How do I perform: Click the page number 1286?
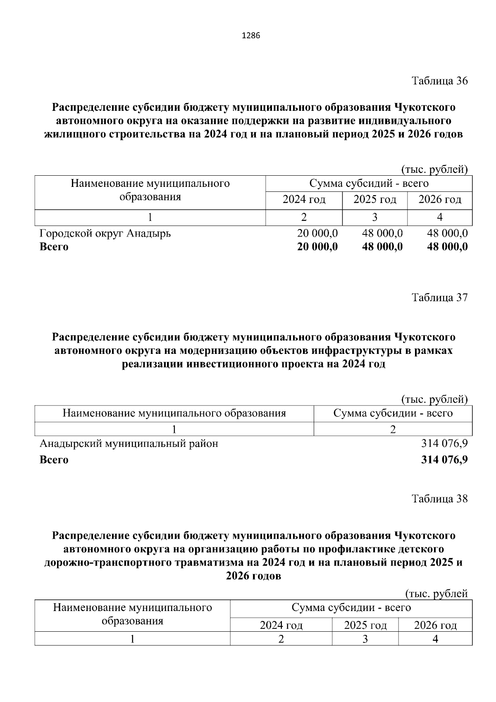[250, 36]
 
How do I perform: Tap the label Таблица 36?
[440, 81]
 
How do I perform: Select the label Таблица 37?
[440, 297]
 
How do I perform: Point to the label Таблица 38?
[440, 499]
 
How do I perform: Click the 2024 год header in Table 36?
[304, 200]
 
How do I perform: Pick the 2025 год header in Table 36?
[374, 200]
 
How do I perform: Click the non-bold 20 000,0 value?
[317, 234]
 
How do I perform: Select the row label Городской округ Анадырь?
[105, 234]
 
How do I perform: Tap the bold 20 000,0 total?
[317, 247]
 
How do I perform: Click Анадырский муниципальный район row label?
[129, 444]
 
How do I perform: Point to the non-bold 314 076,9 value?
[444, 444]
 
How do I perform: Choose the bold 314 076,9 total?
[444, 460]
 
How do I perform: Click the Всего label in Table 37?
[54, 460]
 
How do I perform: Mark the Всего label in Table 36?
[54, 247]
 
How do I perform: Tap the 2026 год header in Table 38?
[435, 626]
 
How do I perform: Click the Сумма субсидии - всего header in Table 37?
[393, 413]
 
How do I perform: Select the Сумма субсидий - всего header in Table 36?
[369, 183]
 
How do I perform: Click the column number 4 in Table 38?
[435, 639]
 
